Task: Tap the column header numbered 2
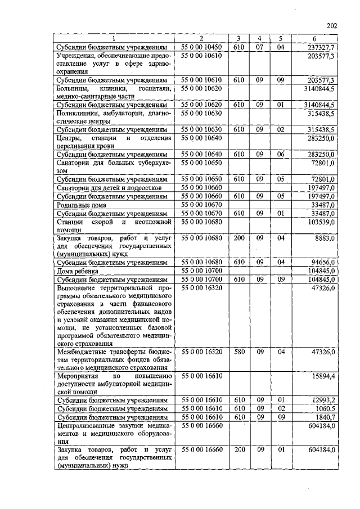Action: [201, 38]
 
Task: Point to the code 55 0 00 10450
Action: [201, 47]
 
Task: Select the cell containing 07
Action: [259, 47]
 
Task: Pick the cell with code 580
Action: [238, 351]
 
